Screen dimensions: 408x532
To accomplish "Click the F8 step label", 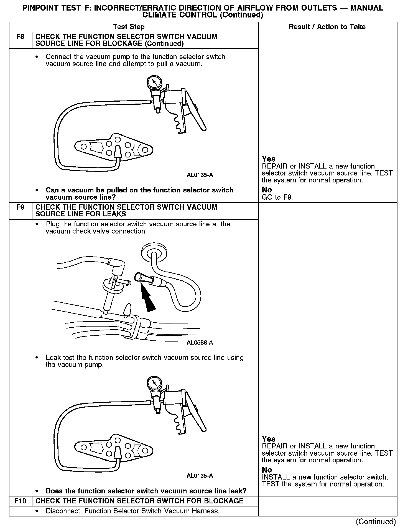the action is (21, 37).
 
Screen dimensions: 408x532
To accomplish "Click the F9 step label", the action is (21, 207).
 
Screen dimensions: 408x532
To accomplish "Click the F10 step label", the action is (21, 501).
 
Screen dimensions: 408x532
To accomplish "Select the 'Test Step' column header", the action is (129, 27).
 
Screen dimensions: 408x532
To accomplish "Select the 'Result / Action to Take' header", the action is (327, 27).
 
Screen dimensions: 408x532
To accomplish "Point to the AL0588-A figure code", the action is (200, 343).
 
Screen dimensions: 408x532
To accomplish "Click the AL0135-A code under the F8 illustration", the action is (200, 175).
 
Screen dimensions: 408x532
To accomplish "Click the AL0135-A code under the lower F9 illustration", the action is (200, 476).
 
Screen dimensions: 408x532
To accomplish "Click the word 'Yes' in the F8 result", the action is (269, 159).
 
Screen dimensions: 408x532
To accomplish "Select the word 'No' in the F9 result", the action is (267, 470).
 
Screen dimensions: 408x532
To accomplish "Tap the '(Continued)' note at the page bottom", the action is (376, 521).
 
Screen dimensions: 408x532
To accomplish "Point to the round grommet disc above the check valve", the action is (154, 252).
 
